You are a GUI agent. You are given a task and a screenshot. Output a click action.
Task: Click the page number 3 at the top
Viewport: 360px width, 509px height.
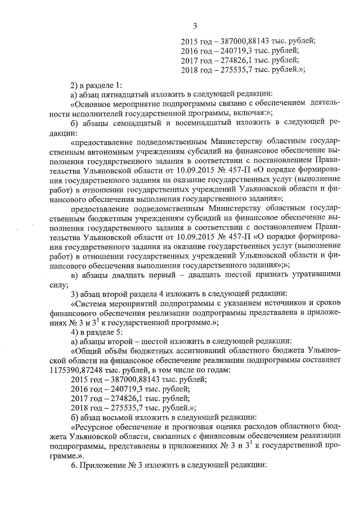[x=195, y=25]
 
